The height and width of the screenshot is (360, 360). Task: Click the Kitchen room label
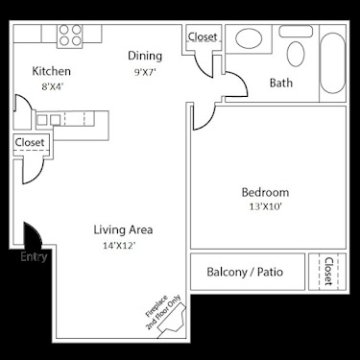click(x=52, y=71)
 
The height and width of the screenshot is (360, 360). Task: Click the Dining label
click(x=146, y=56)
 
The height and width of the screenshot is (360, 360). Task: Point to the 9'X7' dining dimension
click(x=146, y=70)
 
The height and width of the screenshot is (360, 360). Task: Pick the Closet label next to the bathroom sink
click(x=203, y=37)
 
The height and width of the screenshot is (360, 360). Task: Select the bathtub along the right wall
click(x=331, y=64)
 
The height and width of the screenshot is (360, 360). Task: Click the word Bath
click(x=280, y=84)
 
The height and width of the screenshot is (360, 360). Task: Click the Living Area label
click(x=123, y=229)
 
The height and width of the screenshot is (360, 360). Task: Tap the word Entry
click(x=33, y=256)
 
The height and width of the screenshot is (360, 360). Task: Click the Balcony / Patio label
click(x=246, y=272)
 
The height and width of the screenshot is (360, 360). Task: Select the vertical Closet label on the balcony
click(x=328, y=271)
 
